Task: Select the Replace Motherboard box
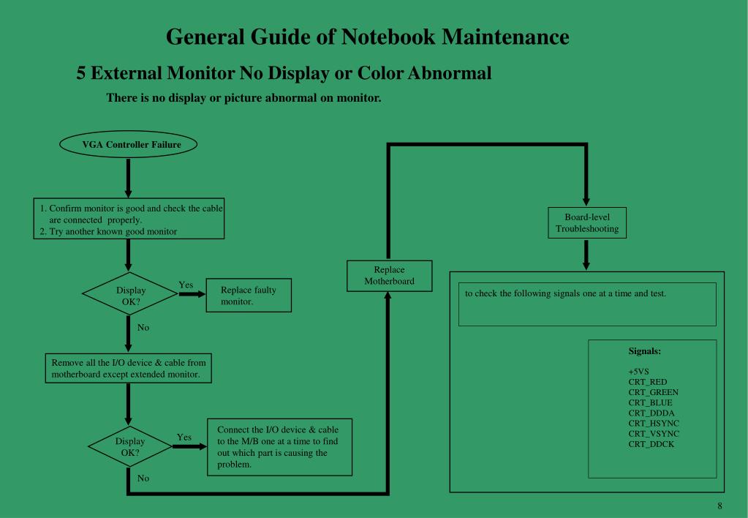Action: (x=389, y=275)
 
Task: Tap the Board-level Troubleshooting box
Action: (x=586, y=223)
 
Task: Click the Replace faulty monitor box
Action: (x=249, y=295)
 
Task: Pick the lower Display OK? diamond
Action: (x=130, y=446)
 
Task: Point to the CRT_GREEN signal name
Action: (x=653, y=392)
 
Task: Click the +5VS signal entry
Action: (x=638, y=372)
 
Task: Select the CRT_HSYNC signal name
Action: (x=654, y=423)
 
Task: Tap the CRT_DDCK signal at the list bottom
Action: (x=651, y=443)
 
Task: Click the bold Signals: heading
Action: (x=644, y=351)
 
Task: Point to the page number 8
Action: (x=719, y=506)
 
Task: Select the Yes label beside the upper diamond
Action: (x=186, y=285)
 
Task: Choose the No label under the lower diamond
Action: (x=143, y=478)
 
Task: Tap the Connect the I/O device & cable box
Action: (x=280, y=447)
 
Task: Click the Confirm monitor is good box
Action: (x=129, y=219)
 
